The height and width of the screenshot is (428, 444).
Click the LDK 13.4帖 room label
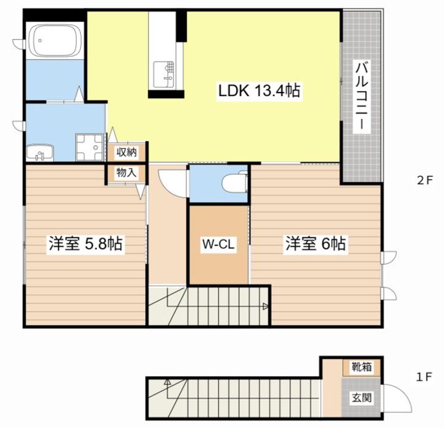coord(259,91)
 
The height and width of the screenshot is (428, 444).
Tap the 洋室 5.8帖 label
coord(86,244)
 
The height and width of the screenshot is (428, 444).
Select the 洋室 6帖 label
coord(316,244)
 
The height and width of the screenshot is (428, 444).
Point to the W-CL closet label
coord(218,244)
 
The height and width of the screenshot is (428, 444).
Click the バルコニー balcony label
coord(362,96)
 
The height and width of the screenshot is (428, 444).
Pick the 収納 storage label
coord(126,152)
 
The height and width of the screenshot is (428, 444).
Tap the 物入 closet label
coord(126,173)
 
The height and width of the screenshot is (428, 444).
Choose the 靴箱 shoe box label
coord(361,367)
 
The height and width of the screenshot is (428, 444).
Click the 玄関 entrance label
coord(361,398)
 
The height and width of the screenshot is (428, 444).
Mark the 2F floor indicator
coord(425,181)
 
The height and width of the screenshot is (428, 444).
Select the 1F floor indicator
coord(424,377)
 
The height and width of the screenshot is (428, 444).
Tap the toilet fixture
coord(234,182)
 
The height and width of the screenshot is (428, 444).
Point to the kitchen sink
coord(163,75)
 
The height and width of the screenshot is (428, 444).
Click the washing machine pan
coord(89,147)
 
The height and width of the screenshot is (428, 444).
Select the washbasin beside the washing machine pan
coord(39,153)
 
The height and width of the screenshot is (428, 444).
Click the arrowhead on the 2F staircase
coord(266,306)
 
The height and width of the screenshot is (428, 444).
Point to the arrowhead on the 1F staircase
coord(167,382)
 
